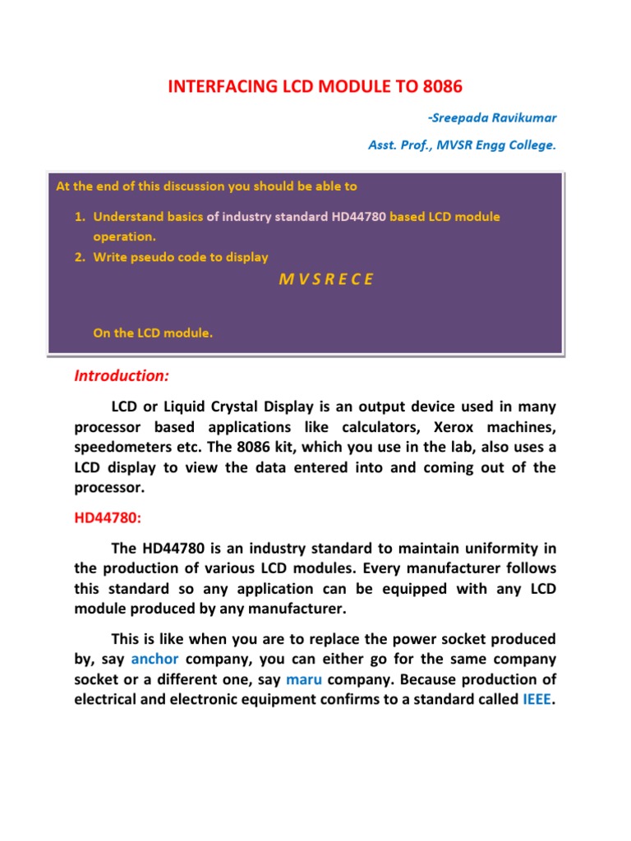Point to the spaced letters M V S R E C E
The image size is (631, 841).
pos(326,278)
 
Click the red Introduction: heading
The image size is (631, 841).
pos(122,376)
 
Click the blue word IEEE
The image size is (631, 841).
pos(537,700)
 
